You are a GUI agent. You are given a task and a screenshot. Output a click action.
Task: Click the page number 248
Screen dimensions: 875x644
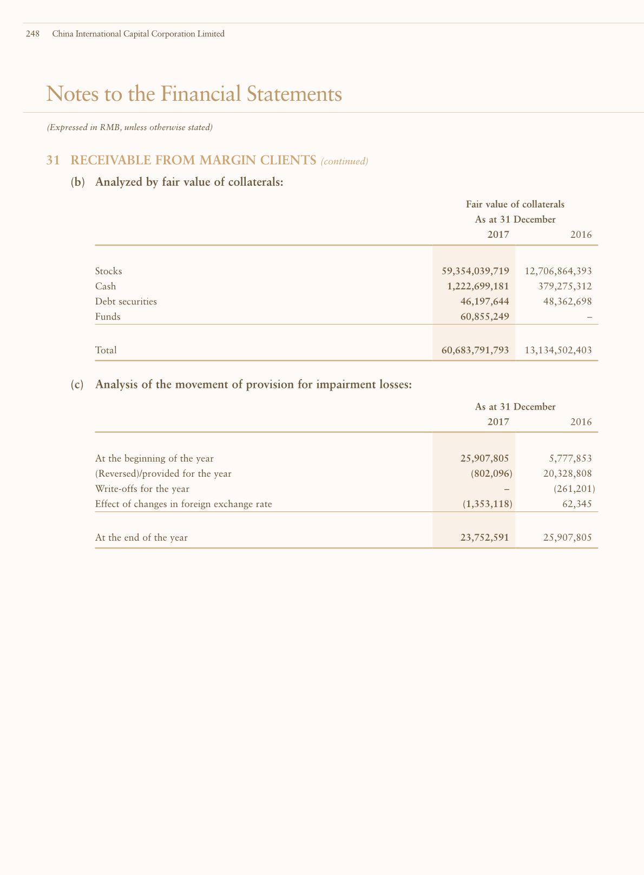[32, 34]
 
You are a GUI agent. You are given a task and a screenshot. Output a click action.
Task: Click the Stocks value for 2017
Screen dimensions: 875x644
[475, 271]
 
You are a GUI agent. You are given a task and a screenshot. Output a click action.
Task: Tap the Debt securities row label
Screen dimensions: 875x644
[126, 301]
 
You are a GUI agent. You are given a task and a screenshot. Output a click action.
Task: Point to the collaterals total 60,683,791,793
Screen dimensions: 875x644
[475, 350]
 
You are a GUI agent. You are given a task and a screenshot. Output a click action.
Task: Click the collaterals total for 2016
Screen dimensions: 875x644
[558, 350]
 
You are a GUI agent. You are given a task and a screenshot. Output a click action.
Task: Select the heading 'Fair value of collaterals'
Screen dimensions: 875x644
[515, 204]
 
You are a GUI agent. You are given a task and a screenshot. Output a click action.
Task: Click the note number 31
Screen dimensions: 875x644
[52, 160]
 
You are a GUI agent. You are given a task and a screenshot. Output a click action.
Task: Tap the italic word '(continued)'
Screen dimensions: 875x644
[344, 161]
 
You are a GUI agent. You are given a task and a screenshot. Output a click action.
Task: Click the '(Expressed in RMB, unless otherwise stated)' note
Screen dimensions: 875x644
[129, 128]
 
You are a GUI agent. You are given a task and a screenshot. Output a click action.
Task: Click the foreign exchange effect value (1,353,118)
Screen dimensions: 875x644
[487, 504]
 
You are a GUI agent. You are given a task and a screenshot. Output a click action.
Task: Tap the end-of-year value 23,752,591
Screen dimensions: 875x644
[484, 537]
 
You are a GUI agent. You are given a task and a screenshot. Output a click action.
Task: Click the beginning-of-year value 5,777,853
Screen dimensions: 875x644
[570, 458]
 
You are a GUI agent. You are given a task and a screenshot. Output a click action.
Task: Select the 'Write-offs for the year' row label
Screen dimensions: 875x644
[142, 489]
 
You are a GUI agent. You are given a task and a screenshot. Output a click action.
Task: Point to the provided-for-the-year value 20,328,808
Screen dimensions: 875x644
[567, 474]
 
